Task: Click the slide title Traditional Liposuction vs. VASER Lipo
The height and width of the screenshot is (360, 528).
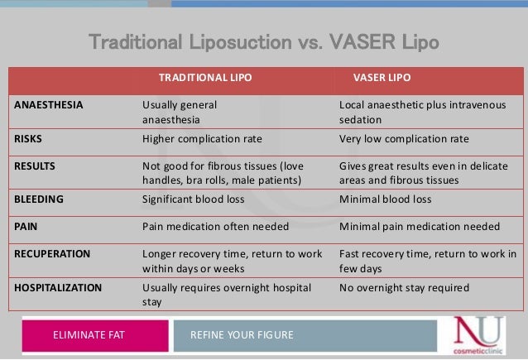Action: (263, 41)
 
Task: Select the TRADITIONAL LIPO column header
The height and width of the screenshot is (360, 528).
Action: (204, 78)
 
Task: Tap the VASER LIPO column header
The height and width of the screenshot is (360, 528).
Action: (382, 78)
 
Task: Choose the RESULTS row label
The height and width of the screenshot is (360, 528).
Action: (35, 166)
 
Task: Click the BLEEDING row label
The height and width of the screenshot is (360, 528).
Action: (38, 199)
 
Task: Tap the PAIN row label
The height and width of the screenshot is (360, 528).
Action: (26, 226)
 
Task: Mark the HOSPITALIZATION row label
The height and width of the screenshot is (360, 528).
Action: (58, 287)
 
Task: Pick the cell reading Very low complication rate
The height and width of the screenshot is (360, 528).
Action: (404, 138)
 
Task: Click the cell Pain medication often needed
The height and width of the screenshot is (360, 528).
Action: (215, 226)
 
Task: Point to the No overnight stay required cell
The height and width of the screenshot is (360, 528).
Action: (404, 287)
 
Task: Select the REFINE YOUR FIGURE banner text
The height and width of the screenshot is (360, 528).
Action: (242, 334)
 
